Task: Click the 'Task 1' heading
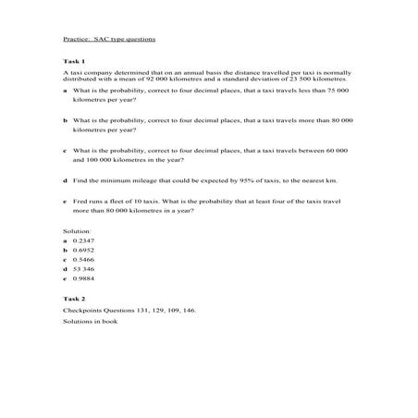74,61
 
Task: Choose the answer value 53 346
84,269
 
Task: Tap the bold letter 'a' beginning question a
65,92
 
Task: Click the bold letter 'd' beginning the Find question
65,178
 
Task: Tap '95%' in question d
246,178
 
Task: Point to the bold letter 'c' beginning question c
65,149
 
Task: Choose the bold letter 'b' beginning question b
65,120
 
